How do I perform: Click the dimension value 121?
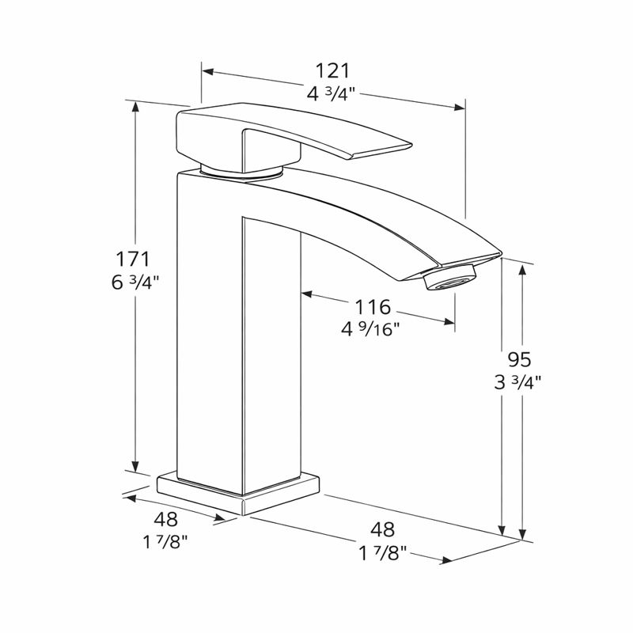[332, 70]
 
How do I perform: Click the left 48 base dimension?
[166, 520]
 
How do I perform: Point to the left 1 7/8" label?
[166, 542]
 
